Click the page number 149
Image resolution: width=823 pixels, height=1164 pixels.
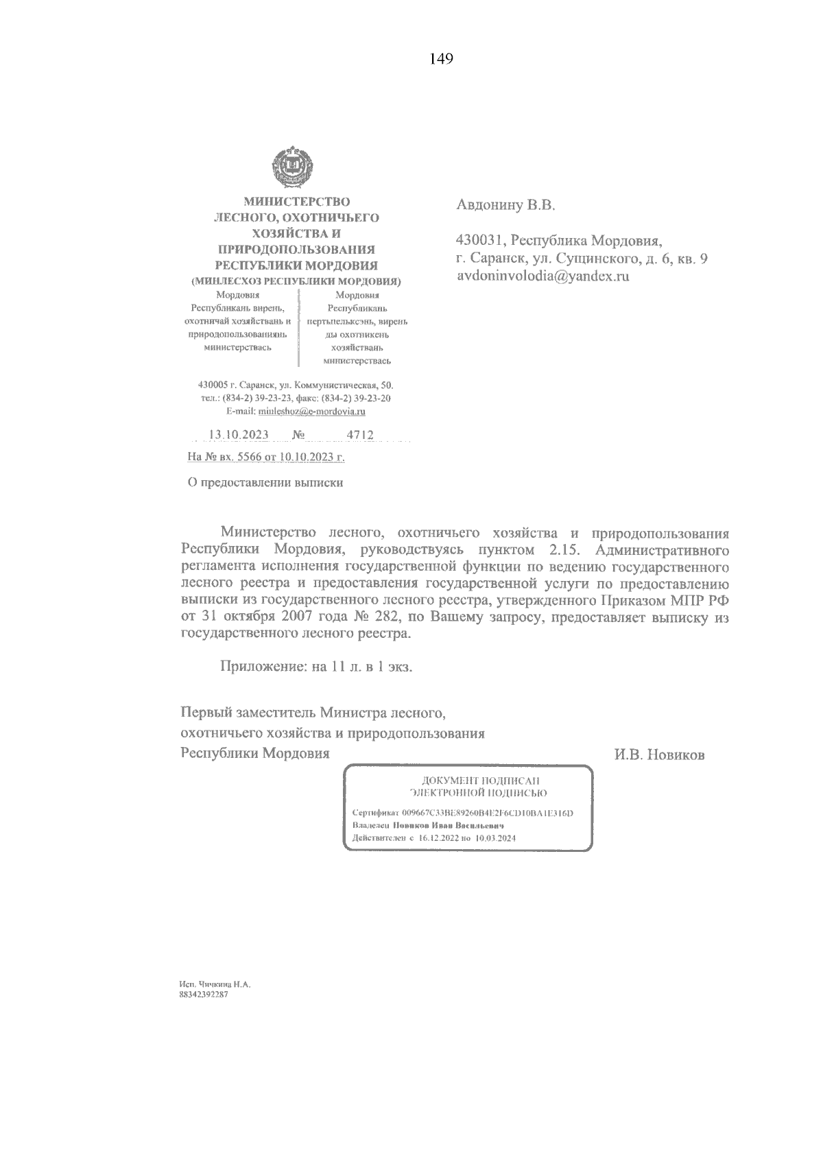pos(442,59)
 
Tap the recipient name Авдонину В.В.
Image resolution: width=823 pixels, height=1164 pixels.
pos(505,204)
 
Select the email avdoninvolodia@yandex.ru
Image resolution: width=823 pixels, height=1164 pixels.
pos(542,277)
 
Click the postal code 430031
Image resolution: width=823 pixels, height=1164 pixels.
pos(480,241)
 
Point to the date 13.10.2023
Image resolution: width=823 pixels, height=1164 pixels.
pos(238,435)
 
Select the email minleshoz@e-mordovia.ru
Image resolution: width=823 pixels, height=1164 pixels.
pos(310,412)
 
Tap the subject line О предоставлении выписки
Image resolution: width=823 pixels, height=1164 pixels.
pos(265,482)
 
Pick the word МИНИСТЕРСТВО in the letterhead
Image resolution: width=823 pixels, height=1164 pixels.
pos(297,202)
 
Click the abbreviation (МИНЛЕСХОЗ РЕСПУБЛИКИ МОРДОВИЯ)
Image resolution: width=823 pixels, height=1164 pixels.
pos(296,281)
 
